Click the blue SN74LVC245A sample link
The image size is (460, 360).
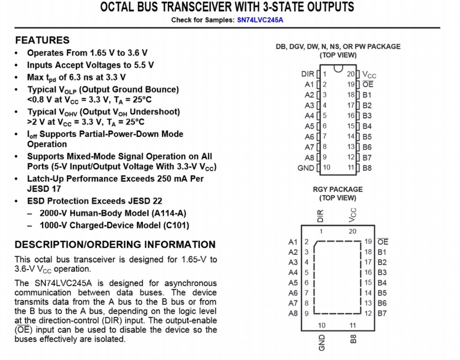coord(260,20)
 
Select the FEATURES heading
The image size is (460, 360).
coord(42,40)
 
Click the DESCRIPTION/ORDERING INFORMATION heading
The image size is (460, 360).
coord(115,244)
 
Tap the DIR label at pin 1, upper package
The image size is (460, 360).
coord(308,74)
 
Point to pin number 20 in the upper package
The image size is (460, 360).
coord(351,74)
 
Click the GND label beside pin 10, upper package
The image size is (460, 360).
coord(306,168)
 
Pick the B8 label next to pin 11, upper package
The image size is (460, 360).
coord(367,168)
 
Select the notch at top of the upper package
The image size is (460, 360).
coord(338,68)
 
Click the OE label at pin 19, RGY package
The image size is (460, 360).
coord(383,242)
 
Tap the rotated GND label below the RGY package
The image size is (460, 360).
coord(322,342)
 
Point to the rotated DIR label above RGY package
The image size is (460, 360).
coord(321,215)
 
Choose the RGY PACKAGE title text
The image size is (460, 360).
coord(338,189)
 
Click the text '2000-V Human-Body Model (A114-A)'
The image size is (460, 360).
coord(113,214)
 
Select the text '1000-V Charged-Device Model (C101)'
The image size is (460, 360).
coord(114,226)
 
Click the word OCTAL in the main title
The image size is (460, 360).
coord(121,7)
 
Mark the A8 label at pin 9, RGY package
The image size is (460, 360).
coord(293,313)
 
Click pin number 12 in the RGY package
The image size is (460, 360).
coord(368,313)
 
